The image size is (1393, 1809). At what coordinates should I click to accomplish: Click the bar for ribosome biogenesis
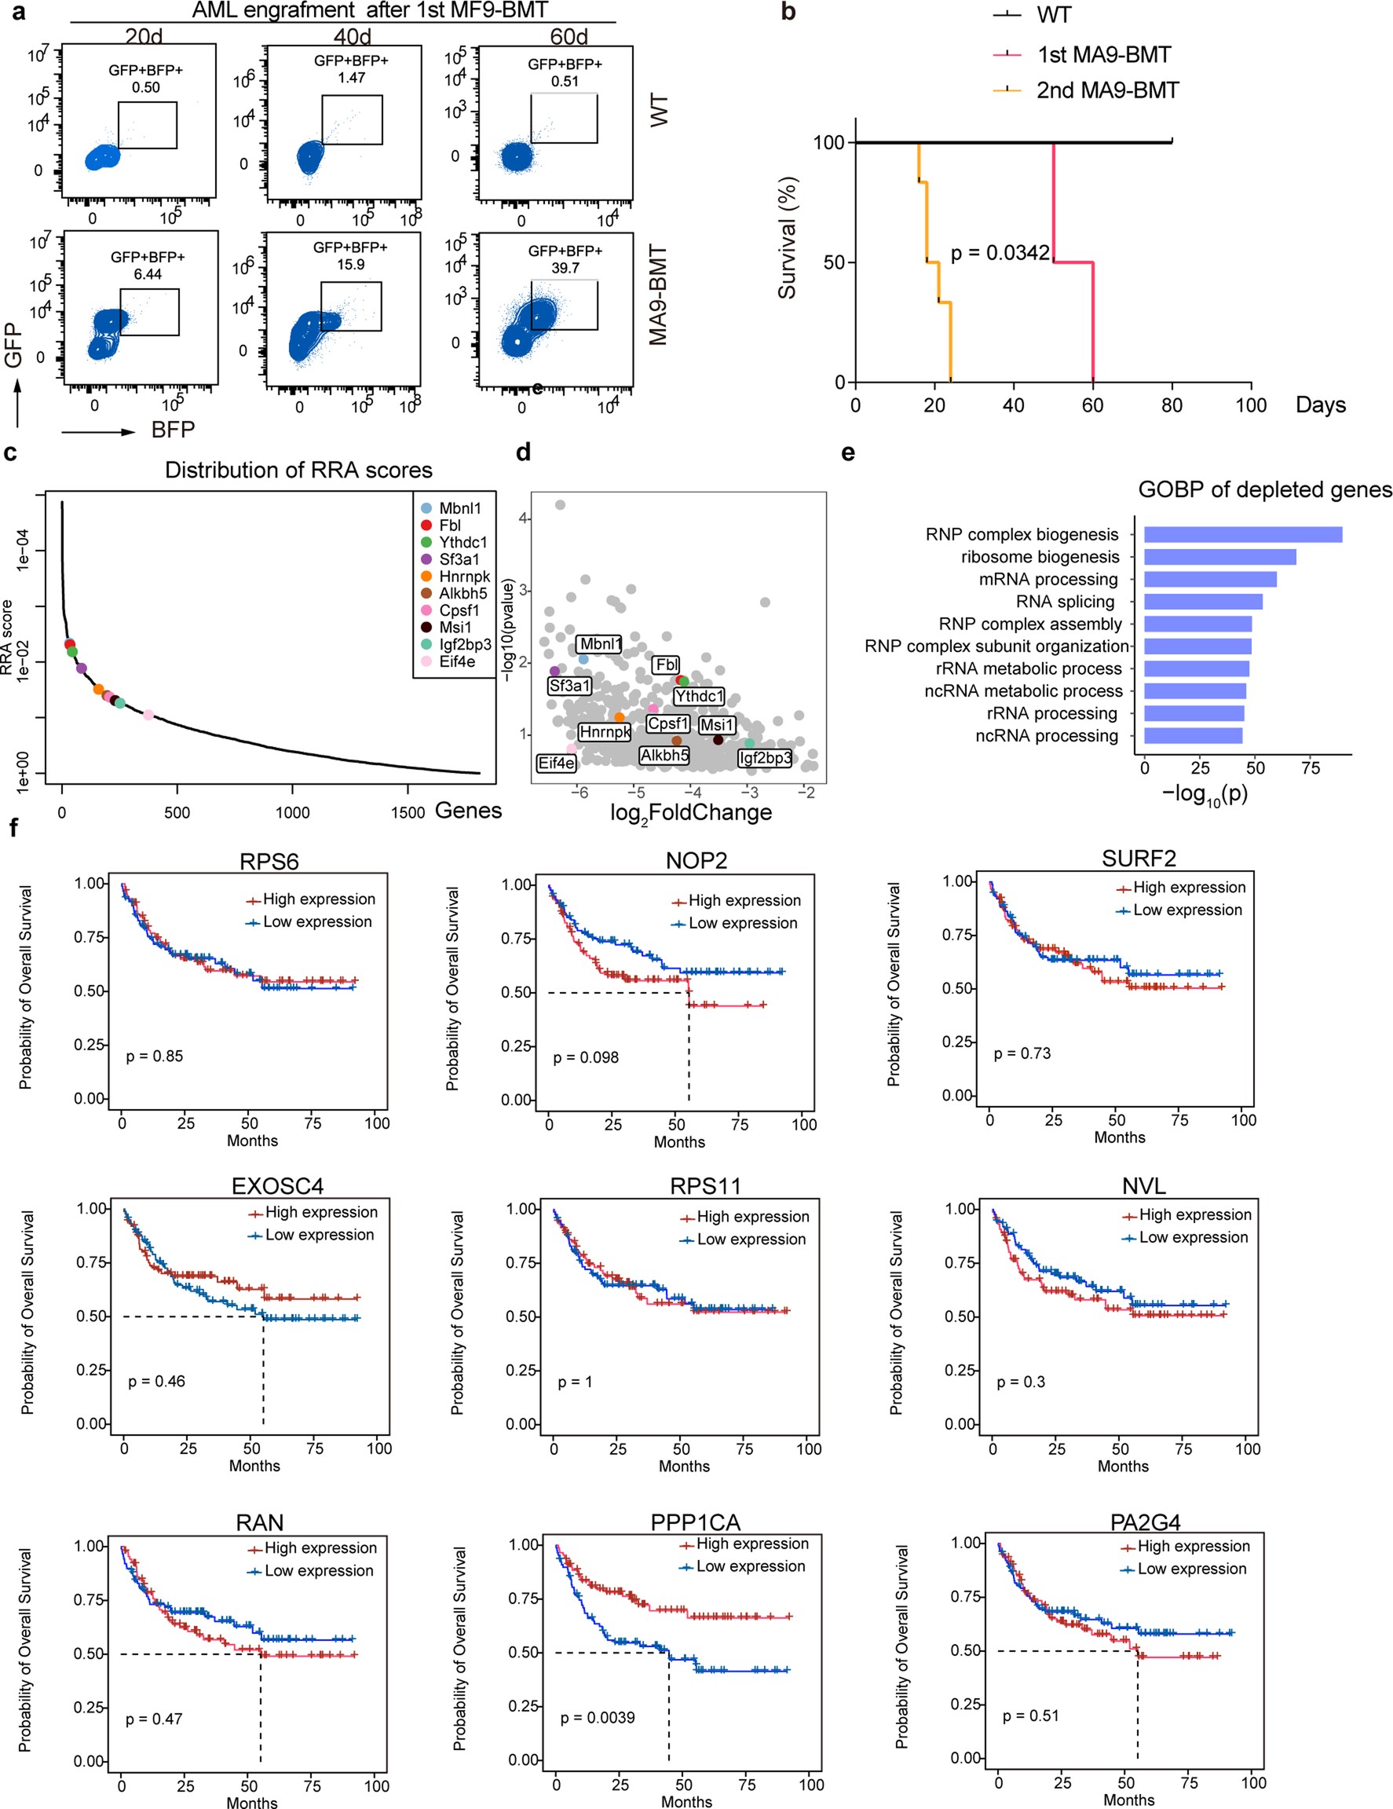tap(1219, 557)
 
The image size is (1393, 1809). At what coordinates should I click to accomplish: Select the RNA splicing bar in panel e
tap(1202, 602)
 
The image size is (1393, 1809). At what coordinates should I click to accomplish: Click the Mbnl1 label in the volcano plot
tap(601, 643)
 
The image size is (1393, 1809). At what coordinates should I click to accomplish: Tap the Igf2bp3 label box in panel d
tap(764, 757)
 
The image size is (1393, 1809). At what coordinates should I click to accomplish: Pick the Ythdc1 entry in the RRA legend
tap(463, 543)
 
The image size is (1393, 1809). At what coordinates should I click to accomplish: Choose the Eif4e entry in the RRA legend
tap(457, 662)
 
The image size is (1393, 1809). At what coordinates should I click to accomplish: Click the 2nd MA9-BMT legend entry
tap(1106, 90)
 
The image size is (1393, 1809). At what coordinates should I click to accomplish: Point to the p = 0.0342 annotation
tap(1000, 253)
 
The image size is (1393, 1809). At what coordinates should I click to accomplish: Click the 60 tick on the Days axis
tap(1092, 405)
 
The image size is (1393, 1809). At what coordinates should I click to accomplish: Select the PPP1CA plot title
tap(695, 1522)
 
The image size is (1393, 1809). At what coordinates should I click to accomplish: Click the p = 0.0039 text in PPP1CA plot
tap(597, 1718)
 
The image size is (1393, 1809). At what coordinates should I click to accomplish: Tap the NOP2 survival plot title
tap(696, 861)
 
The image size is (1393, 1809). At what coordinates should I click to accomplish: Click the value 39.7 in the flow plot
tap(565, 268)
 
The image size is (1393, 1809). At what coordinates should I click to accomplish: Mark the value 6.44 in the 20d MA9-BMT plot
tap(148, 274)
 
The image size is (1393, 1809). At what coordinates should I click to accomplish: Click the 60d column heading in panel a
tap(569, 36)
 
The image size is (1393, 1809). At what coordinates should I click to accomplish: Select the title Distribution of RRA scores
tap(298, 471)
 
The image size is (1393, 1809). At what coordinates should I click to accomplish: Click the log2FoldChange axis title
tap(691, 812)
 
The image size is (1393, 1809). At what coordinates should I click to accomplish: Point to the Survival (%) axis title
tap(787, 238)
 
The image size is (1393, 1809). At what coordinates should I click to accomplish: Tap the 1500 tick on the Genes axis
tap(408, 812)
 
